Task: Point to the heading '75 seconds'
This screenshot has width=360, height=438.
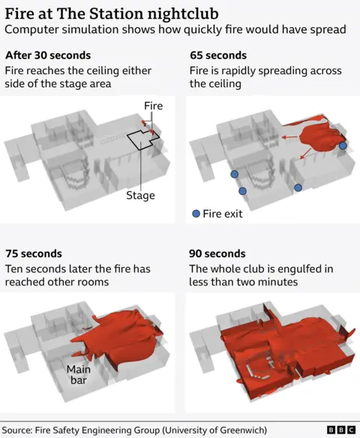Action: pyautogui.click(x=34, y=253)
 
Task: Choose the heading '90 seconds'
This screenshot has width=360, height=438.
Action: pyautogui.click(x=217, y=253)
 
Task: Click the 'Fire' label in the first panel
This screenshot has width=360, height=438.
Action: pyautogui.click(x=154, y=106)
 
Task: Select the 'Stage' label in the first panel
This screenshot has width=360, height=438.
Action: pyautogui.click(x=140, y=196)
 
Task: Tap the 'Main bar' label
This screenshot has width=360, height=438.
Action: pyautogui.click(x=79, y=375)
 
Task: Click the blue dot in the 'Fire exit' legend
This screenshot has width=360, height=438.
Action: pyautogui.click(x=196, y=214)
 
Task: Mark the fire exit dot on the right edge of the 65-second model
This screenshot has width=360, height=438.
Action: pyautogui.click(x=343, y=146)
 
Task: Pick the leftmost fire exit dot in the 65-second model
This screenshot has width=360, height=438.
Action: pyautogui.click(x=234, y=174)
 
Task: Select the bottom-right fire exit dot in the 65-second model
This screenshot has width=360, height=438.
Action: pyautogui.click(x=298, y=187)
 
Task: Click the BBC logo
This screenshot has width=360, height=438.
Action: pyautogui.click(x=341, y=430)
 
